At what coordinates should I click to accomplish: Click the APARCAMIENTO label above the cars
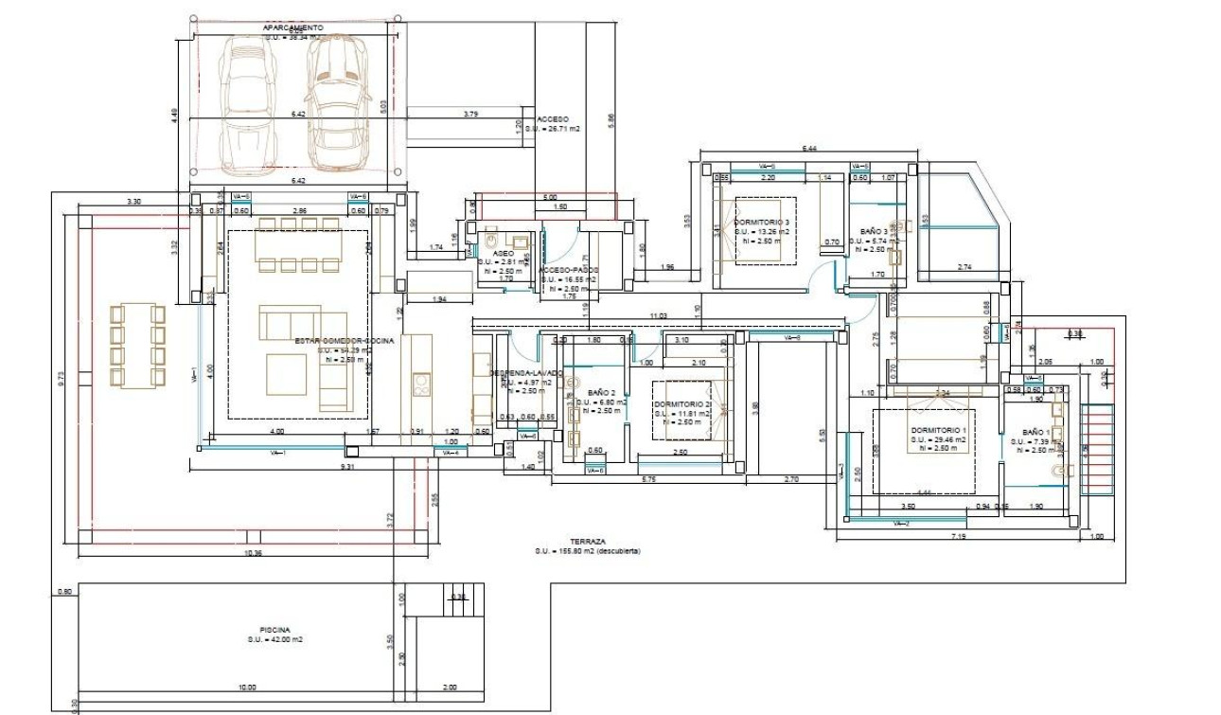[x=292, y=28]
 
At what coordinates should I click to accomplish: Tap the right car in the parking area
[x=337, y=102]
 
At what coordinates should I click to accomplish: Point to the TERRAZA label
[x=587, y=541]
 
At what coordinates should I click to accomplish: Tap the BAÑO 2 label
[x=601, y=392]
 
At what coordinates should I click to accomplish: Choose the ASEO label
[x=503, y=254]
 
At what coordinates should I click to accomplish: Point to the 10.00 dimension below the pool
[x=246, y=688]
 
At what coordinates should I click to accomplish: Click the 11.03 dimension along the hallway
[x=658, y=315]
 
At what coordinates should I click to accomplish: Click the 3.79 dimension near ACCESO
[x=470, y=115]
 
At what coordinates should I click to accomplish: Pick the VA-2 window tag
[x=900, y=523]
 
